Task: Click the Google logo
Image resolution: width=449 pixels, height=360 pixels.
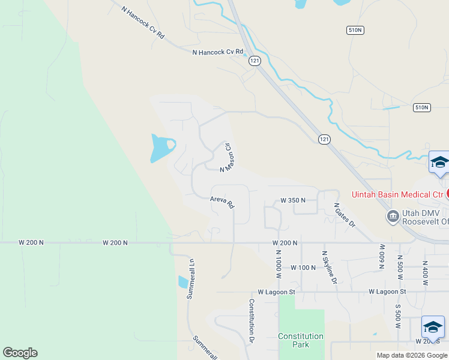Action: click(x=20, y=353)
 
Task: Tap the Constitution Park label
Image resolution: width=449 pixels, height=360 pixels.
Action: click(x=301, y=340)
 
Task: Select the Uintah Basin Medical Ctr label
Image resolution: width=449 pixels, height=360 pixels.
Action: click(x=397, y=194)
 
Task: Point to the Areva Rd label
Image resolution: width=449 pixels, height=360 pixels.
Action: click(x=221, y=202)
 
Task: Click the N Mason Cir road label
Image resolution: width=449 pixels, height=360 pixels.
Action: click(x=227, y=158)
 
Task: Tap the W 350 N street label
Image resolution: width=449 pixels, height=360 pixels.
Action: click(x=293, y=200)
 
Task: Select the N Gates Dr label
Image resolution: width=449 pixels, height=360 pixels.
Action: click(x=345, y=215)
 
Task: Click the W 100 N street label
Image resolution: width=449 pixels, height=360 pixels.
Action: click(x=303, y=268)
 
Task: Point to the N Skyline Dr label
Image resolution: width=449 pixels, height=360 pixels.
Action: click(x=329, y=268)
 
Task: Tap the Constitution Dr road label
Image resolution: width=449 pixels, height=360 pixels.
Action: click(x=252, y=321)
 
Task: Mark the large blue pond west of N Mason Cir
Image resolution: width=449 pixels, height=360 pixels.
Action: click(x=161, y=147)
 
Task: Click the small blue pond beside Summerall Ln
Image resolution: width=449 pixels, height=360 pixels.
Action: click(x=182, y=281)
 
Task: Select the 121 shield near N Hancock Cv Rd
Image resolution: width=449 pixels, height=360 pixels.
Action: click(x=255, y=61)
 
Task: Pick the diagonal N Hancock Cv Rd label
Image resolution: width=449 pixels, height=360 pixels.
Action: click(x=142, y=23)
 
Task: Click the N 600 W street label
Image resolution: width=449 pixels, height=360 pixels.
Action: click(x=381, y=256)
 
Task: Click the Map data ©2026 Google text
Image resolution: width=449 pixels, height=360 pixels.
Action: click(x=412, y=355)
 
